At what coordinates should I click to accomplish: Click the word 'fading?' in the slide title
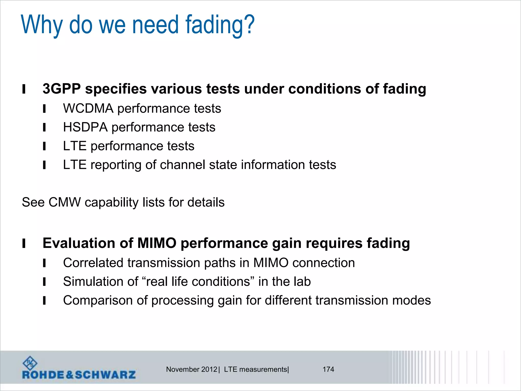220,25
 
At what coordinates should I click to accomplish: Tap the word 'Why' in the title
41,25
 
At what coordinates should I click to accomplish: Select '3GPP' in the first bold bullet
62,89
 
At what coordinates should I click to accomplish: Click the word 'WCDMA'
88,108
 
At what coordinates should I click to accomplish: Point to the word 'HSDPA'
85,127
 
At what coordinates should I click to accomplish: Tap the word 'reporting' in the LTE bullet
116,165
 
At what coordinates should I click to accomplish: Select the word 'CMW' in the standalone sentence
64,202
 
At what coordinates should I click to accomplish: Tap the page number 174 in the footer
328,369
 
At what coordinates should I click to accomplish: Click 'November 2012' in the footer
192,369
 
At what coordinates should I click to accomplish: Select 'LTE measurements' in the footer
255,369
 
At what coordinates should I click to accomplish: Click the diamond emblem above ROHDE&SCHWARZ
30,363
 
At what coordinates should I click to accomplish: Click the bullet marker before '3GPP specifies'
24,89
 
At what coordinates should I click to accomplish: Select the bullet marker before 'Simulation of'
44,282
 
